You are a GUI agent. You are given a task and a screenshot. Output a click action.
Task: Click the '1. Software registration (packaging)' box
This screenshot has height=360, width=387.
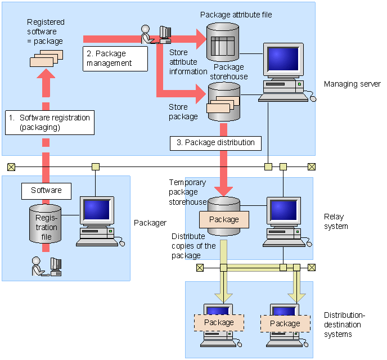click(x=49, y=123)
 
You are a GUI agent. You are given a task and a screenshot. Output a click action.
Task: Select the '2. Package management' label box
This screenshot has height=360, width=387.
click(x=116, y=58)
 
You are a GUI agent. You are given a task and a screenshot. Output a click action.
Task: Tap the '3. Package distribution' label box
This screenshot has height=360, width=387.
click(x=215, y=142)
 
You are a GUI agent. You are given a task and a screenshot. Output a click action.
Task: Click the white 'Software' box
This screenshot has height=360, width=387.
click(x=46, y=191)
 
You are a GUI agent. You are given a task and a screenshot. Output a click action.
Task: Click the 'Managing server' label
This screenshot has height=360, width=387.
click(x=352, y=84)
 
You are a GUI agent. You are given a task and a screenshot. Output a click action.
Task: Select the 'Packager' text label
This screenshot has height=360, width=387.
click(x=150, y=223)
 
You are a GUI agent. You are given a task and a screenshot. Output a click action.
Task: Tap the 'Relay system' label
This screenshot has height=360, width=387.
click(x=336, y=222)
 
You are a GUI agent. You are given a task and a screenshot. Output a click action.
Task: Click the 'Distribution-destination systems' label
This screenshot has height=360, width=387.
click(x=344, y=325)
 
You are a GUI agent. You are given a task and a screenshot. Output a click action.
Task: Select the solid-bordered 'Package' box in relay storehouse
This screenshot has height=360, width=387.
click(x=224, y=219)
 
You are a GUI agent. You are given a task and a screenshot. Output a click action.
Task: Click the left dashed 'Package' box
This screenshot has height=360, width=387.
click(x=219, y=322)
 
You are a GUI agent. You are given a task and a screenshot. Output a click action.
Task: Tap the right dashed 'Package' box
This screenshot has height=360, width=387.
click(x=285, y=323)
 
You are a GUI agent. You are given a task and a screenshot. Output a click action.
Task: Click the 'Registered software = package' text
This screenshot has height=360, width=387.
click(x=46, y=31)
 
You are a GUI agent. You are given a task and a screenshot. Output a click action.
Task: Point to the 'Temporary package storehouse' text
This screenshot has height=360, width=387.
click(x=188, y=192)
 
